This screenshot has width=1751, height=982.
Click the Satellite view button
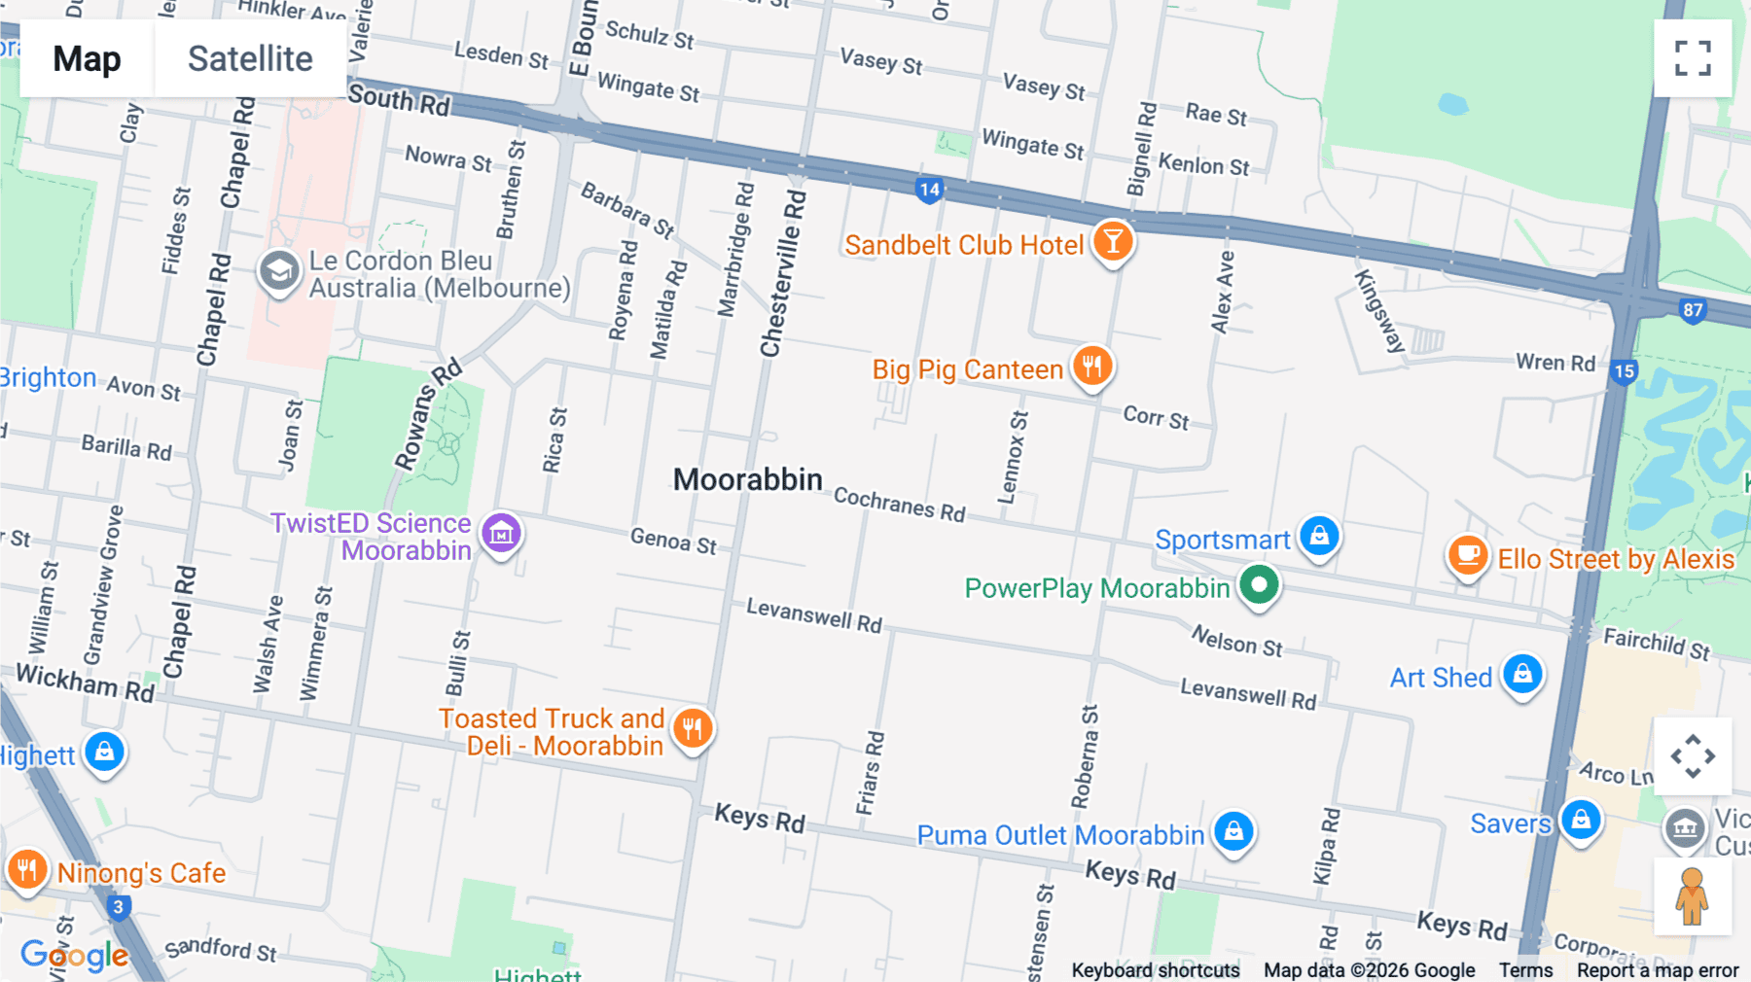pyautogui.click(x=250, y=58)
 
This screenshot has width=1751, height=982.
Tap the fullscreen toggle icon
pyautogui.click(x=1693, y=58)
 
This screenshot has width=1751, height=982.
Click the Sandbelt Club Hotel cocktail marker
pyautogui.click(x=1112, y=240)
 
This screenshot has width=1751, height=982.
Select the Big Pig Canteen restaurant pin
pyautogui.click(x=1092, y=366)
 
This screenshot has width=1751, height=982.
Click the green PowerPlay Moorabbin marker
pyautogui.click(x=1259, y=585)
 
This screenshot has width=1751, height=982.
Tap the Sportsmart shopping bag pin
pyautogui.click(x=1319, y=536)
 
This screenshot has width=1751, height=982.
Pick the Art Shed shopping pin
pyautogui.click(x=1522, y=674)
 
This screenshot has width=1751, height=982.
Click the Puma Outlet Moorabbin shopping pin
pyautogui.click(x=1233, y=831)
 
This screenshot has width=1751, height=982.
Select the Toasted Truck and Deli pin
pyautogui.click(x=693, y=728)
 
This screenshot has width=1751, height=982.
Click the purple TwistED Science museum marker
pyautogui.click(x=502, y=533)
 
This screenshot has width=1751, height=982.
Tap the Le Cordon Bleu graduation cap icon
pyautogui.click(x=279, y=271)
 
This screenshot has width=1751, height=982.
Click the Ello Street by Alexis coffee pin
pyautogui.click(x=1468, y=556)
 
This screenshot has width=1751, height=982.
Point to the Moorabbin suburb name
pyautogui.click(x=747, y=479)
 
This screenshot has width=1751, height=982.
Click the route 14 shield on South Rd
pyautogui.click(x=929, y=190)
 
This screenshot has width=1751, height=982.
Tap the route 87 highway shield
pyautogui.click(x=1693, y=310)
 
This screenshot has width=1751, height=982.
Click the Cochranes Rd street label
pyautogui.click(x=899, y=505)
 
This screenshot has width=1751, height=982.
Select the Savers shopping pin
pyautogui.click(x=1581, y=820)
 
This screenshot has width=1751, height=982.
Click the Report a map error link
pyautogui.click(x=1657, y=969)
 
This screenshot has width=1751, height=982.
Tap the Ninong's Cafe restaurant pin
pyautogui.click(x=27, y=868)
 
